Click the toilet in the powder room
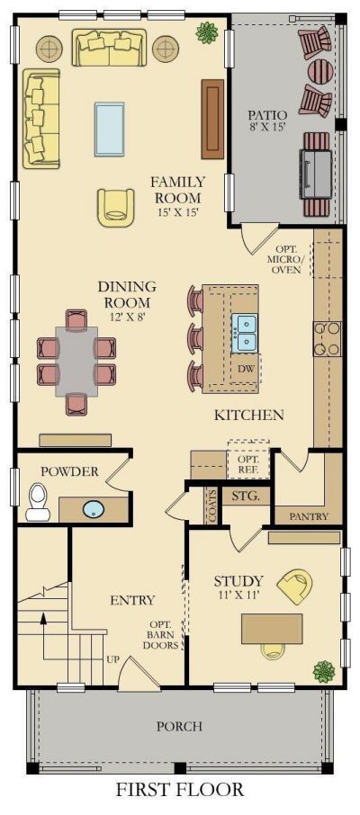38,502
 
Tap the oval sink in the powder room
94,508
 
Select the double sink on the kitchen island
244,332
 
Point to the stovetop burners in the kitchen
328,339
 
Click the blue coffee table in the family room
109,129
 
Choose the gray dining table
76,362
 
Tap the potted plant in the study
324,672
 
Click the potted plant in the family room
207,32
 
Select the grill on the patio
315,175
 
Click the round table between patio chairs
320,71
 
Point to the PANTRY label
309,516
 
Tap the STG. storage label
246,496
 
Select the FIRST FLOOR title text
180,790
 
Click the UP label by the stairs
112,659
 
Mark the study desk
272,629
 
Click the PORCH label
179,726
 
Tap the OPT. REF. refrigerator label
247,465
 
